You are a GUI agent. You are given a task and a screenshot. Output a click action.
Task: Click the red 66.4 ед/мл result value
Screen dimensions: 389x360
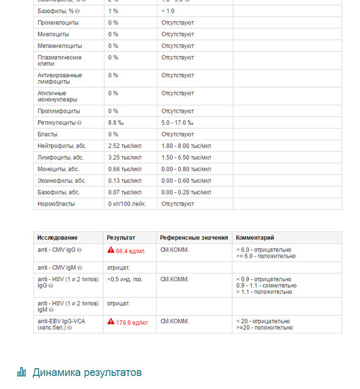pyautogui.click(x=130, y=251)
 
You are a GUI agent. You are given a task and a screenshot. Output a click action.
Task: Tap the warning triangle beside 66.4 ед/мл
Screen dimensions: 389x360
pyautogui.click(x=111, y=250)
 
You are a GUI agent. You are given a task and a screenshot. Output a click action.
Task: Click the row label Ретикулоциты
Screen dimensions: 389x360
pyautogui.click(x=56, y=123)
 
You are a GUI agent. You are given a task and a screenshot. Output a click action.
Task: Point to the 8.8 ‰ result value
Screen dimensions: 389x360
pyautogui.click(x=116, y=123)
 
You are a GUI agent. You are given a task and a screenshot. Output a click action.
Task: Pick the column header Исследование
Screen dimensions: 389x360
pyautogui.click(x=58, y=237)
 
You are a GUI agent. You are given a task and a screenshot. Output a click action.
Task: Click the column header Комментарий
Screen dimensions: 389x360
pyautogui.click(x=255, y=237)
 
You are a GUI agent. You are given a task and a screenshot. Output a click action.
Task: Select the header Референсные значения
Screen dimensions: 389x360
pyautogui.click(x=194, y=237)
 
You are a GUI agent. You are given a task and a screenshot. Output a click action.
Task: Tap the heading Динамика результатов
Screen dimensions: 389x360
pyautogui.click(x=87, y=373)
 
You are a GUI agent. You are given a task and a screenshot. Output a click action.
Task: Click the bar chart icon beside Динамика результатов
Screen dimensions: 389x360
pyautogui.click(x=22, y=372)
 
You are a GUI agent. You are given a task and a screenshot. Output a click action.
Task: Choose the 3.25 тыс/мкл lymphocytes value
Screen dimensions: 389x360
pyautogui.click(x=125, y=158)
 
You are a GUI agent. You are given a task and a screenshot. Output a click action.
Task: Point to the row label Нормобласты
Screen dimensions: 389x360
pyautogui.click(x=56, y=204)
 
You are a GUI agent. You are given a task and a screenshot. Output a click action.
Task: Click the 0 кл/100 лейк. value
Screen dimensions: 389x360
pyautogui.click(x=127, y=204)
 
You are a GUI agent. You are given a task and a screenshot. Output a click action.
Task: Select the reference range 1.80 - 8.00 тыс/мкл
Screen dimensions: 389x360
pyautogui.click(x=186, y=146)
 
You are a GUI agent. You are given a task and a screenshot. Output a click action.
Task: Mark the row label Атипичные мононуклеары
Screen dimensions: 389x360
pyautogui.click(x=58, y=96)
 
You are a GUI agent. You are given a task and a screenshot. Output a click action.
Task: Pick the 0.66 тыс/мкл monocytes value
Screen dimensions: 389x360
pyautogui.click(x=125, y=169)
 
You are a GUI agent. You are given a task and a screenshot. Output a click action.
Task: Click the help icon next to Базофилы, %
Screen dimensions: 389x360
pyautogui.click(x=77, y=12)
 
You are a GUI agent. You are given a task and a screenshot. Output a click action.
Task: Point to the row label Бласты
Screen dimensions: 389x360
pyautogui.click(x=47, y=134)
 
